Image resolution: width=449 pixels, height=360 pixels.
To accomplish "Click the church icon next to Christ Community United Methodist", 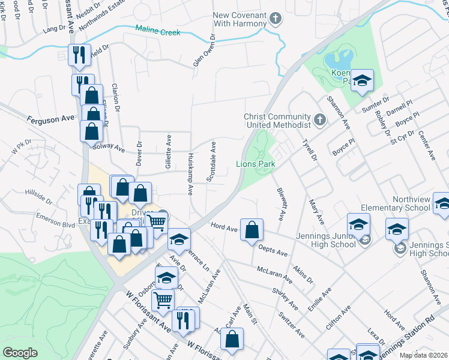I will [320, 120].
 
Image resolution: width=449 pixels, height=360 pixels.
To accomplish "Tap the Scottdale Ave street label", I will [211, 161].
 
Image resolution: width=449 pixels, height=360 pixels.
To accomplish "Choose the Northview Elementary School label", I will [411, 204].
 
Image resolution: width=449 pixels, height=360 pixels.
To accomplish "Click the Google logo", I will [20, 353].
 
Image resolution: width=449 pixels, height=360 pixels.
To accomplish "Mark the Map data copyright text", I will [424, 355].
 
